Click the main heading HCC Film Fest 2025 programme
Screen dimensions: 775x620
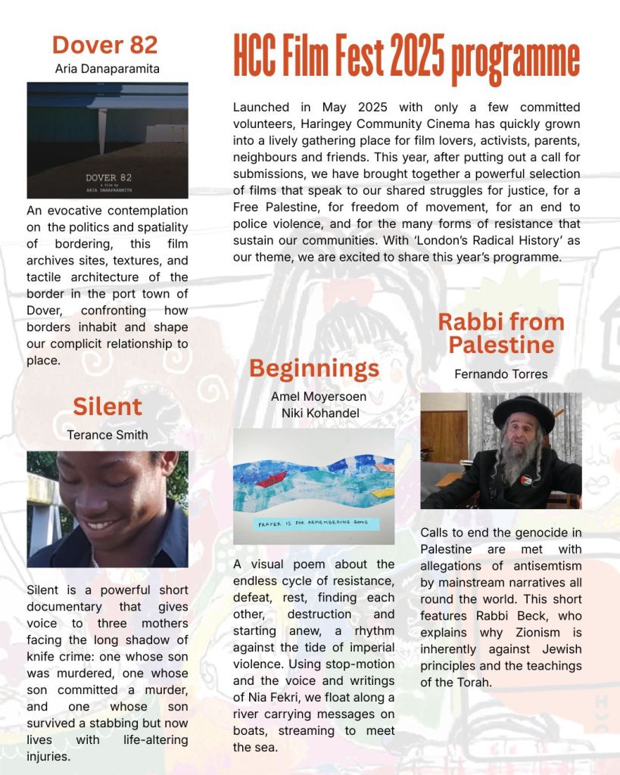click(406, 59)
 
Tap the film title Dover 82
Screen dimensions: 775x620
click(105, 45)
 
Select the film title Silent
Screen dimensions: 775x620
click(107, 407)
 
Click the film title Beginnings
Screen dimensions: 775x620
click(314, 368)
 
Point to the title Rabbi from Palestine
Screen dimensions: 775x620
click(501, 333)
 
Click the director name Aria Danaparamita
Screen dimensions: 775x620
click(107, 69)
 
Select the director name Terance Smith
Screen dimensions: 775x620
click(107, 435)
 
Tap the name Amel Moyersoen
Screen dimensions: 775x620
click(314, 396)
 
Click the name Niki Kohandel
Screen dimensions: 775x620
click(314, 413)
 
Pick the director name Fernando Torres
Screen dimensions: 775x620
click(501, 373)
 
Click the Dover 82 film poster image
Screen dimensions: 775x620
click(107, 140)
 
